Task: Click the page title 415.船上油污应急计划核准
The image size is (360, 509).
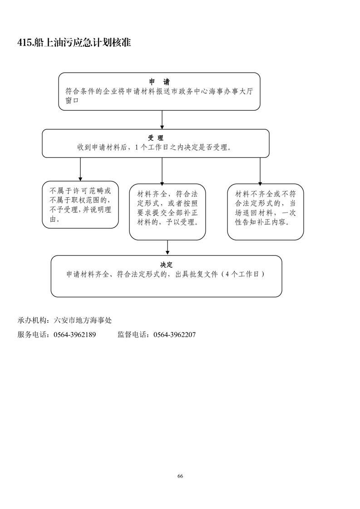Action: click(x=74, y=43)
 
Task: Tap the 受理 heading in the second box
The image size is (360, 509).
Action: click(x=155, y=138)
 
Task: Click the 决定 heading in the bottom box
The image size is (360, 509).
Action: click(x=166, y=264)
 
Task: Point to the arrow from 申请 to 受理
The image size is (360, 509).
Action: click(x=162, y=120)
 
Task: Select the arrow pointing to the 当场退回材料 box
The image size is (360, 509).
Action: click(x=260, y=171)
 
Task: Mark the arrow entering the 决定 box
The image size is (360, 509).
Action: click(x=168, y=247)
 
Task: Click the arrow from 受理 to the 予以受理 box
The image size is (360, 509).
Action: click(x=162, y=171)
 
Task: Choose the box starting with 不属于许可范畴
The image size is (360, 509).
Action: click(x=80, y=205)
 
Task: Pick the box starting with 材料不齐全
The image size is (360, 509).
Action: click(x=265, y=211)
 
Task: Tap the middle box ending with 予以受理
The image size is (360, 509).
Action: click(x=168, y=211)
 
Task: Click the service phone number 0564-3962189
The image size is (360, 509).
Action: click(x=74, y=335)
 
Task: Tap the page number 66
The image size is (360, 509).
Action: click(x=180, y=476)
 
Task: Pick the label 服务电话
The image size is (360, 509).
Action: click(x=33, y=335)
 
